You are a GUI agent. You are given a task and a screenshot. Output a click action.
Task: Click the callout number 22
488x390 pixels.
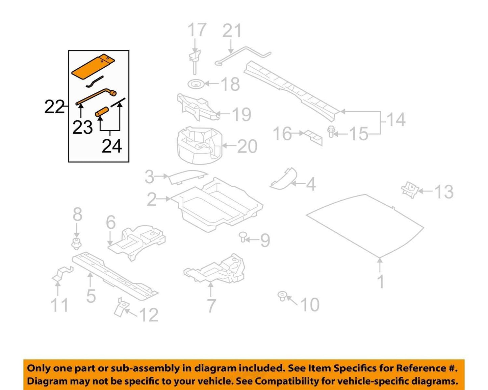tap(54, 107)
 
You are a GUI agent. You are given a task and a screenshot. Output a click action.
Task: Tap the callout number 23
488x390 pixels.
tap(82, 127)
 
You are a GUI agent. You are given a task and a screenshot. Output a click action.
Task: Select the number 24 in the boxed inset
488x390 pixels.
tap(112, 146)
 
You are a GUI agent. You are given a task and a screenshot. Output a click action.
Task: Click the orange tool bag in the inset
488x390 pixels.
tap(93, 67)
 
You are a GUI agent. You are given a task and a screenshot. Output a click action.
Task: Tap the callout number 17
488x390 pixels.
tap(197, 30)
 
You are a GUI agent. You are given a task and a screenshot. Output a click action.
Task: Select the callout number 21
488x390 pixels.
tap(232, 31)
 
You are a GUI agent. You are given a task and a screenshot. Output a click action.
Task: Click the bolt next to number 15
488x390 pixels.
tap(331, 132)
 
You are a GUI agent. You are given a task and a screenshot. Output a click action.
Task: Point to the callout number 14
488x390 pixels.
tap(396, 119)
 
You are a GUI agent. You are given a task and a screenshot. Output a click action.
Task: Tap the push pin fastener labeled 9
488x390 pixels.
tap(243, 237)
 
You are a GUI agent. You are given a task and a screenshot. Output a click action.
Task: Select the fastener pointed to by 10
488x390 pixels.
tap(282, 296)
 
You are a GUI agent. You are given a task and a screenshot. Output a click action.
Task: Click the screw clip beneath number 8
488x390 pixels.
tap(77, 244)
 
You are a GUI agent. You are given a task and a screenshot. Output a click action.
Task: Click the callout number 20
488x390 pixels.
tap(248, 146)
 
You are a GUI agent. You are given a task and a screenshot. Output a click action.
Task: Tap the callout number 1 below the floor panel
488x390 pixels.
tap(381, 281)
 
